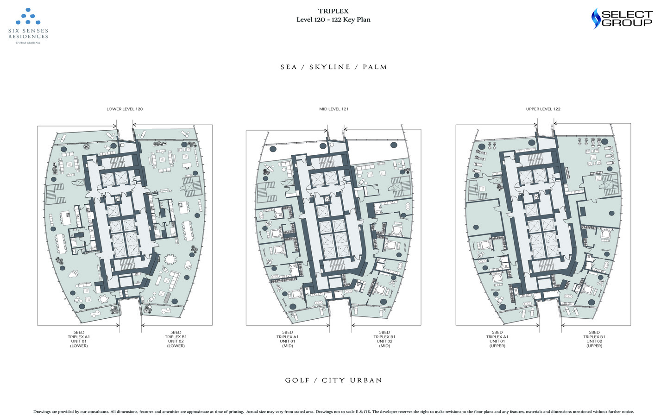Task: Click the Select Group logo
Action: [622, 19]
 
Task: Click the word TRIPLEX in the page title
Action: [333, 11]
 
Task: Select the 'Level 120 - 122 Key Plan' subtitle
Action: [333, 19]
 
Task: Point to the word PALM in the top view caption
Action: [375, 67]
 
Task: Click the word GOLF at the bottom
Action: [297, 380]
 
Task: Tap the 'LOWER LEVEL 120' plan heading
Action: [125, 109]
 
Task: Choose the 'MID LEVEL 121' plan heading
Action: [333, 109]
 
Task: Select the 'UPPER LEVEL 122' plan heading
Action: [543, 109]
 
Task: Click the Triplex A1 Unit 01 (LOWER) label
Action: [79, 339]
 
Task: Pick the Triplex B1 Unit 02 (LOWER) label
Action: [176, 339]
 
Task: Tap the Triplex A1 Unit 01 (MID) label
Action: [288, 339]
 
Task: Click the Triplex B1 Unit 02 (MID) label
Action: [384, 339]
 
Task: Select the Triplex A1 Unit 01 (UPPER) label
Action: [497, 339]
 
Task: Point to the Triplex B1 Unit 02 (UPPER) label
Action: [594, 339]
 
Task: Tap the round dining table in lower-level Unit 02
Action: [171, 259]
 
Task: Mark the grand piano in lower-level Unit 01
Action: [73, 274]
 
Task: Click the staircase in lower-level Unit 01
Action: [56, 194]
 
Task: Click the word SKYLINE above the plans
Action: [330, 67]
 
